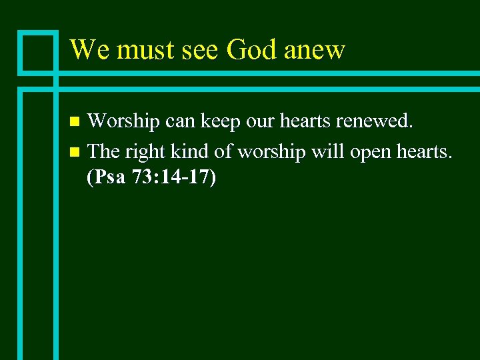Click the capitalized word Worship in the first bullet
pyautogui.click(x=123, y=122)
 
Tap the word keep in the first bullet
pyautogui.click(x=223, y=122)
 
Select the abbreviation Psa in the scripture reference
pyautogui.click(x=109, y=179)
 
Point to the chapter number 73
pyautogui.click(x=141, y=179)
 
